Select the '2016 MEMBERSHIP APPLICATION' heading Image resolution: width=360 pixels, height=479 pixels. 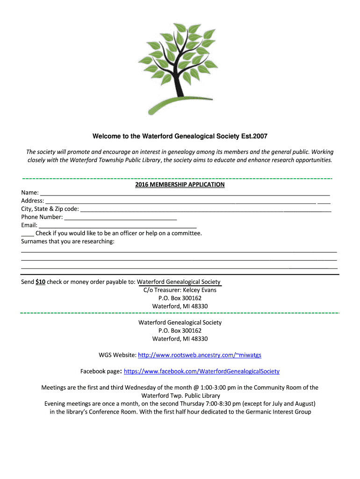click(180, 185)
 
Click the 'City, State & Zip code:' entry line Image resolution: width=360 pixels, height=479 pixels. click(206, 210)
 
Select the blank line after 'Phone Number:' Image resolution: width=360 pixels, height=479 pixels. click(120, 218)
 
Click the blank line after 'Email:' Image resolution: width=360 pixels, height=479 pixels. click(117, 225)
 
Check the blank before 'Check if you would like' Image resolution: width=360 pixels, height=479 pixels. click(27, 233)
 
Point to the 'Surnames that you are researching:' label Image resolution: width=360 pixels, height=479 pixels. click(68, 241)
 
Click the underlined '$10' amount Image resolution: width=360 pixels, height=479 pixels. click(40, 282)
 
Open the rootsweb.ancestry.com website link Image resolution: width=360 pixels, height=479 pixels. click(203, 355)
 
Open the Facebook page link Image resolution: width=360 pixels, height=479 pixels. click(202, 371)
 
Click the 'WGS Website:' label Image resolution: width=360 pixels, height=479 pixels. click(117, 355)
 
